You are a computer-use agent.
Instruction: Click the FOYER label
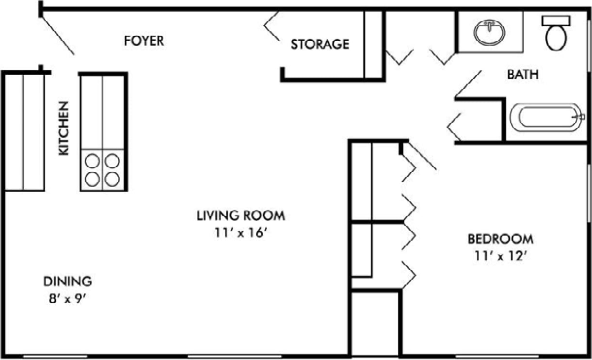(144, 41)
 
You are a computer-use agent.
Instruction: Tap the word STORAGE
(320, 45)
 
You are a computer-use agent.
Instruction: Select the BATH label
(523, 75)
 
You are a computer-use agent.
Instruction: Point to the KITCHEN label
(64, 128)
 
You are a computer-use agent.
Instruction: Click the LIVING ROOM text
(240, 215)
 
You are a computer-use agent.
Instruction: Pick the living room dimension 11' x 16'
(241, 232)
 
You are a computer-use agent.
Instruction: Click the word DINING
(68, 281)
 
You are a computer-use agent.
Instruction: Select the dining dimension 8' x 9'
(67, 298)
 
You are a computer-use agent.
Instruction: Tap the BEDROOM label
(500, 239)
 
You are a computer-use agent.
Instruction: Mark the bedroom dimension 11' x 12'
(501, 256)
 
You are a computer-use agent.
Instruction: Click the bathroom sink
(490, 32)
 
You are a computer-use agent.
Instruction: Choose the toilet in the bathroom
(556, 37)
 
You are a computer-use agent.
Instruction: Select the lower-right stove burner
(112, 179)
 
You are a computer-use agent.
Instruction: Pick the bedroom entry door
(421, 155)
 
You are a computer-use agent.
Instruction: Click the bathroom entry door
(468, 83)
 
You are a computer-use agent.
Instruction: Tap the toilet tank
(556, 20)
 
